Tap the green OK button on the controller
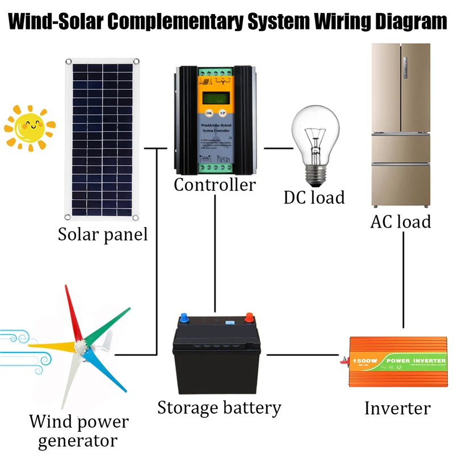pos(208,113)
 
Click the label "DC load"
pos(314,197)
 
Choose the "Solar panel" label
pos(103,234)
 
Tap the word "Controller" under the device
pos(215,185)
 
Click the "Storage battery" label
pos(219,407)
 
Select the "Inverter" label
pos(397,408)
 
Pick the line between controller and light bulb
pos(278,149)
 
